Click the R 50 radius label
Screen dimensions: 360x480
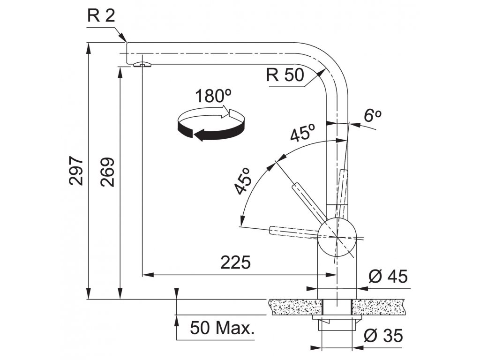click(x=285, y=75)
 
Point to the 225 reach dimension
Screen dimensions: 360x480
click(x=236, y=263)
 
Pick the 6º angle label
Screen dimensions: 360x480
click(x=373, y=116)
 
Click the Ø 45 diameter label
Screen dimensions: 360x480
click(x=388, y=277)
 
